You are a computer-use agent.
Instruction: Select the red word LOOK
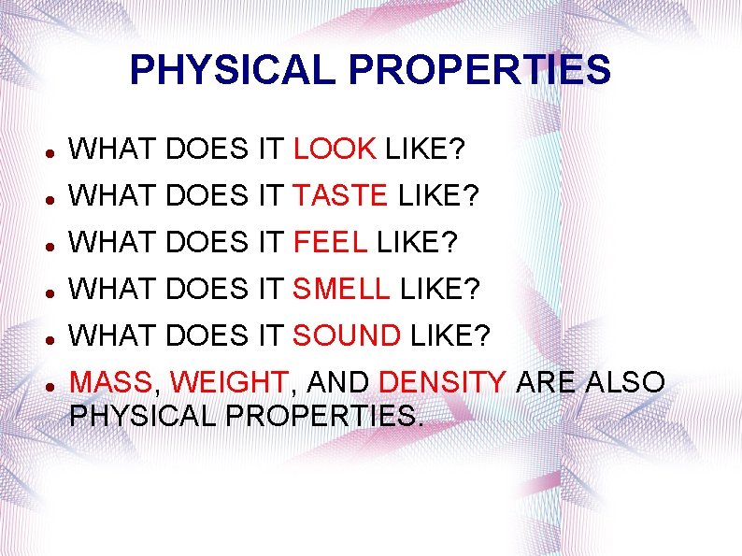(335, 148)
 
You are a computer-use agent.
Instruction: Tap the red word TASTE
(340, 195)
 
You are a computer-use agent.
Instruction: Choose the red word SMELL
(341, 290)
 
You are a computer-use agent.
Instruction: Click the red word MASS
(111, 383)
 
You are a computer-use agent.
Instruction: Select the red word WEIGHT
(230, 383)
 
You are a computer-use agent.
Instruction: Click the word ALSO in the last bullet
(628, 383)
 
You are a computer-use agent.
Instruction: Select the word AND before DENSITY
(337, 383)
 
